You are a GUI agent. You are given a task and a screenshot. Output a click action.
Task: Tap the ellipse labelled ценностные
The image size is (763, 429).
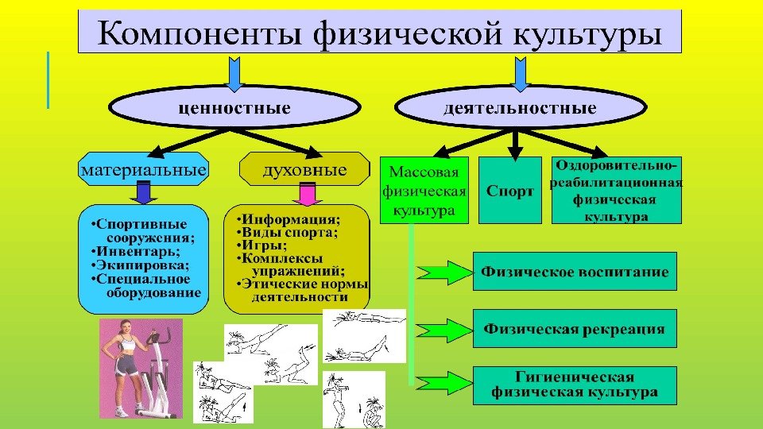(x=233, y=106)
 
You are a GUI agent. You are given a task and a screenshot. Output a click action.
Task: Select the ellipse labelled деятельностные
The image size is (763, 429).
(x=519, y=106)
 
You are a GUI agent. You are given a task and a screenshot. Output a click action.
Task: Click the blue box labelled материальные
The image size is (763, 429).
(x=144, y=171)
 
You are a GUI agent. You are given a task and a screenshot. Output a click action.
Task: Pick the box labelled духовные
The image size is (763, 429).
(x=305, y=171)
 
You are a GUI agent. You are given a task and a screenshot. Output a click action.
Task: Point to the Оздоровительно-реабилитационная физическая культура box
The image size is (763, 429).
(x=616, y=191)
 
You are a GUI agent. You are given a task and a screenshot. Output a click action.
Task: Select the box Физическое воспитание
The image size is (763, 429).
(x=575, y=272)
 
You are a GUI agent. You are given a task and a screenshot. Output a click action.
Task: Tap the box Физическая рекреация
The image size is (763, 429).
(x=575, y=328)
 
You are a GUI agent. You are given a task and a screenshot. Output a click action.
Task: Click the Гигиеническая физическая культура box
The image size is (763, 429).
(x=575, y=385)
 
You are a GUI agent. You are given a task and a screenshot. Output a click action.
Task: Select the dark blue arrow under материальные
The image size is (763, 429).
(x=144, y=193)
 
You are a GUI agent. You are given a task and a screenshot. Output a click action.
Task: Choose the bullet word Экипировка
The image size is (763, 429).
(x=135, y=265)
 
